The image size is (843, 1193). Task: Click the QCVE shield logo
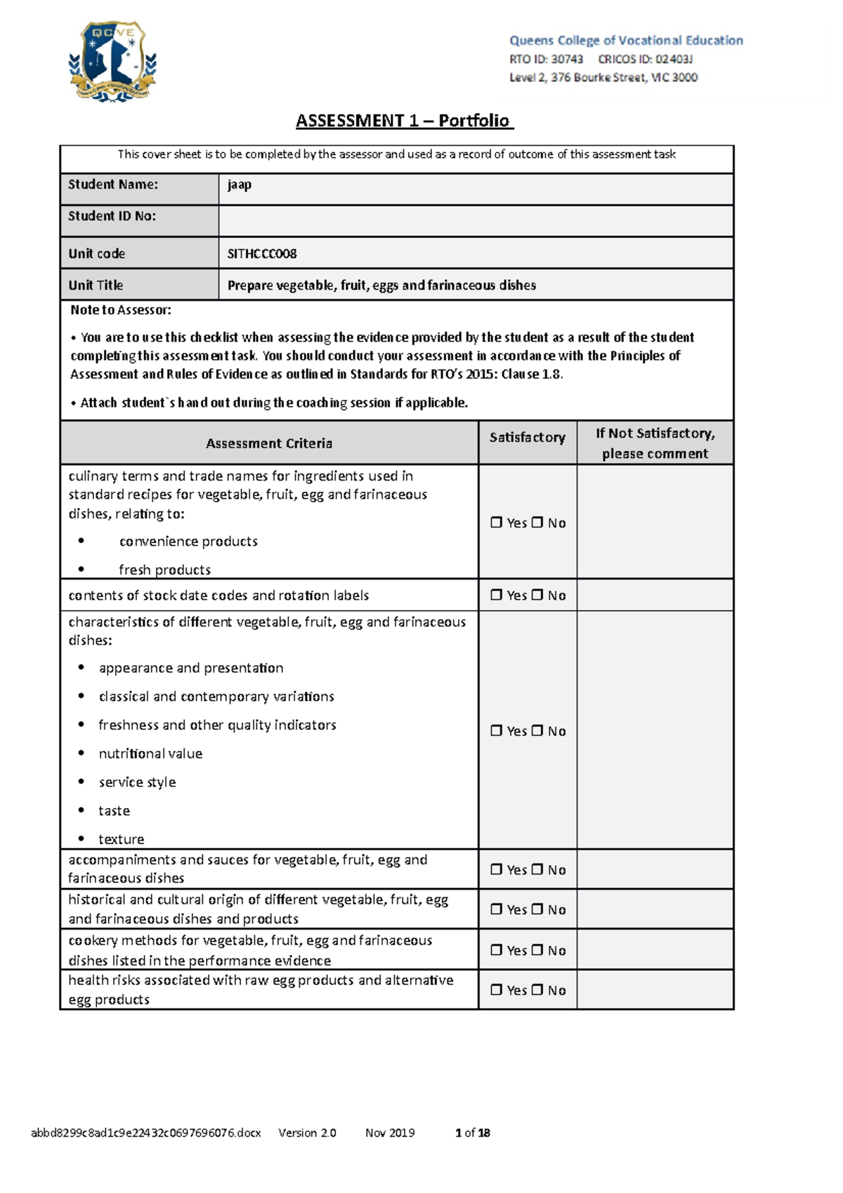pos(112,62)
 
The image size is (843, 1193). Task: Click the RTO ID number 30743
pos(567,59)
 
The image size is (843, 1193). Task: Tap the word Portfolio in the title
pos(474,121)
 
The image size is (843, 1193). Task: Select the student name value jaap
pos(240,185)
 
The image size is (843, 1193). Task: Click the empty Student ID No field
pos(476,221)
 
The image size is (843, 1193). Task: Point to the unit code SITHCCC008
pos(262,254)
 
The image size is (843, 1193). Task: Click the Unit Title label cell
pos(139,285)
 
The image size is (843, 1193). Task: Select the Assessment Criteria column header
pos(269,443)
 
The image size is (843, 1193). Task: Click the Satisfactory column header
pos(527,438)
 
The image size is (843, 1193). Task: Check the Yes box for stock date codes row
pos(497,595)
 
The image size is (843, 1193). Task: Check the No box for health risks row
pos(537,990)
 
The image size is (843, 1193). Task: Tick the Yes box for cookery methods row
pos(497,950)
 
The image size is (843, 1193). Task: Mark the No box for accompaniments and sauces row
pos(537,870)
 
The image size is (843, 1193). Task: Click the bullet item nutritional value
pos(150,754)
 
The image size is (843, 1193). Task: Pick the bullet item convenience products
pos(188,542)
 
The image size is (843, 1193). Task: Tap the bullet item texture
pos(121,840)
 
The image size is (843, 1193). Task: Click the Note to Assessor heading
pos(121,310)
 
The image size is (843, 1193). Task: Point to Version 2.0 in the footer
pos(307,1133)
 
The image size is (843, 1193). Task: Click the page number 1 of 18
pos(473,1133)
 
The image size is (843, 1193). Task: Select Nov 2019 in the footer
pos(390,1133)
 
